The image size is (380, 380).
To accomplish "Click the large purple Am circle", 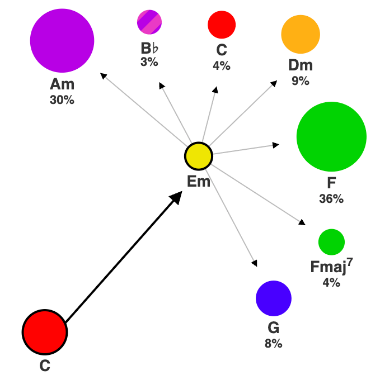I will coord(62,40).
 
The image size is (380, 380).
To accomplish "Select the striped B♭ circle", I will coord(149,22).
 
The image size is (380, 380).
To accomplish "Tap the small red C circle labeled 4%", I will coord(222,25).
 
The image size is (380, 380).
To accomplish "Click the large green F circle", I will coord(331,136).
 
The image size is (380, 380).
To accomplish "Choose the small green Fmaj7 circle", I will coord(331,241).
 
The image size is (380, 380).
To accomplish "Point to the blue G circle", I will coord(274,298).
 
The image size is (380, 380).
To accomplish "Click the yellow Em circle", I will coord(199,156).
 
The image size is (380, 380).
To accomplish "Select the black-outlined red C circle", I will coord(45,332).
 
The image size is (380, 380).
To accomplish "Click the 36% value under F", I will coord(331,199).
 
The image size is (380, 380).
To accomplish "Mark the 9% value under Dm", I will coord(301,81).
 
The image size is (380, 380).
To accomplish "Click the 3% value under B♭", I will coord(149,63).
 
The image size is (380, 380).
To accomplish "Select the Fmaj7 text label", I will coord(331,266).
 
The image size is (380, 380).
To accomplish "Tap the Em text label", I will coord(199,182).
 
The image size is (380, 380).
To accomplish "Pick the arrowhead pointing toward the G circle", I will coord(255,263).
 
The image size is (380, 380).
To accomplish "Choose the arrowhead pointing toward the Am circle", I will coord(102,75).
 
